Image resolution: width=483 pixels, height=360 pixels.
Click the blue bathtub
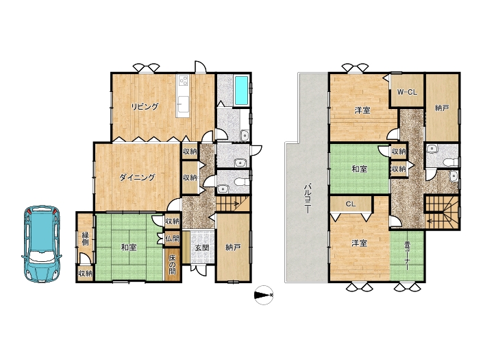pos(241,91)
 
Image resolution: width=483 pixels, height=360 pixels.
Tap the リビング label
pos(145,107)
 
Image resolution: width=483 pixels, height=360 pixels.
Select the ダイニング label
pos(137,178)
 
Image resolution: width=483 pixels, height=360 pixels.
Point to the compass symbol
pos(264,296)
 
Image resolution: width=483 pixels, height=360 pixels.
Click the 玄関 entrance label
pos(202,247)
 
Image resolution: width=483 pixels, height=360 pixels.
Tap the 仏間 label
pos(172,238)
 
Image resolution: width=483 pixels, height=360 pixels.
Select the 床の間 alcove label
pos(172,264)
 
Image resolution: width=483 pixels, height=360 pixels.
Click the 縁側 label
pos(86,238)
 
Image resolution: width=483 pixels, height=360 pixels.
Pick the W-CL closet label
pos(407,92)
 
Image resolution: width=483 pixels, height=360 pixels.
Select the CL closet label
pos(351,204)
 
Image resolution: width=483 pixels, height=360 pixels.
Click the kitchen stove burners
pos(184,80)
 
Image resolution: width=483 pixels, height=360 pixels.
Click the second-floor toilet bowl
pos(450,162)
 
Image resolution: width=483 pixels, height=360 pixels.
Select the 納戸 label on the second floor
pos(442,108)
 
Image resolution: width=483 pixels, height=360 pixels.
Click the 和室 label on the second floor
pos(359,169)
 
